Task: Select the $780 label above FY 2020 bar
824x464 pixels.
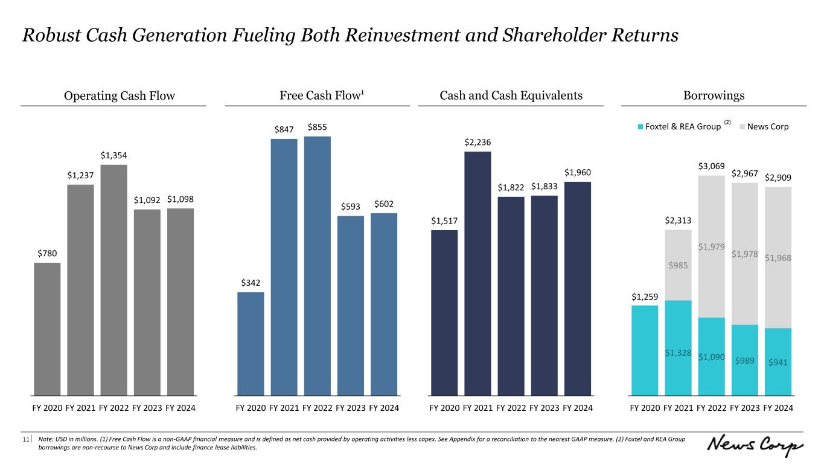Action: (47, 253)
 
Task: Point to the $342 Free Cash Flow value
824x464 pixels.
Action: (251, 283)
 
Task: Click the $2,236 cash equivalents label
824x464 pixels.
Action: (477, 142)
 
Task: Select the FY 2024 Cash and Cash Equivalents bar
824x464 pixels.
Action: (577, 289)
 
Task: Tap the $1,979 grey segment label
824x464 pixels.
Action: (711, 246)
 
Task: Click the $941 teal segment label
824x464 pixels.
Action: (778, 362)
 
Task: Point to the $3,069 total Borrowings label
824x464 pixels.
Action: (711, 166)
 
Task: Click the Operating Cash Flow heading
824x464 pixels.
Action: (113, 95)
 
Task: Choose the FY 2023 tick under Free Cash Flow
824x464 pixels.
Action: (351, 408)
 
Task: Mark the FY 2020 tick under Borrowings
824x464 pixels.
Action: (645, 408)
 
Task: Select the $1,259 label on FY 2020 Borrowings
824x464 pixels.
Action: (645, 296)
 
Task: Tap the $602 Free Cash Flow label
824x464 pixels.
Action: (384, 204)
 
